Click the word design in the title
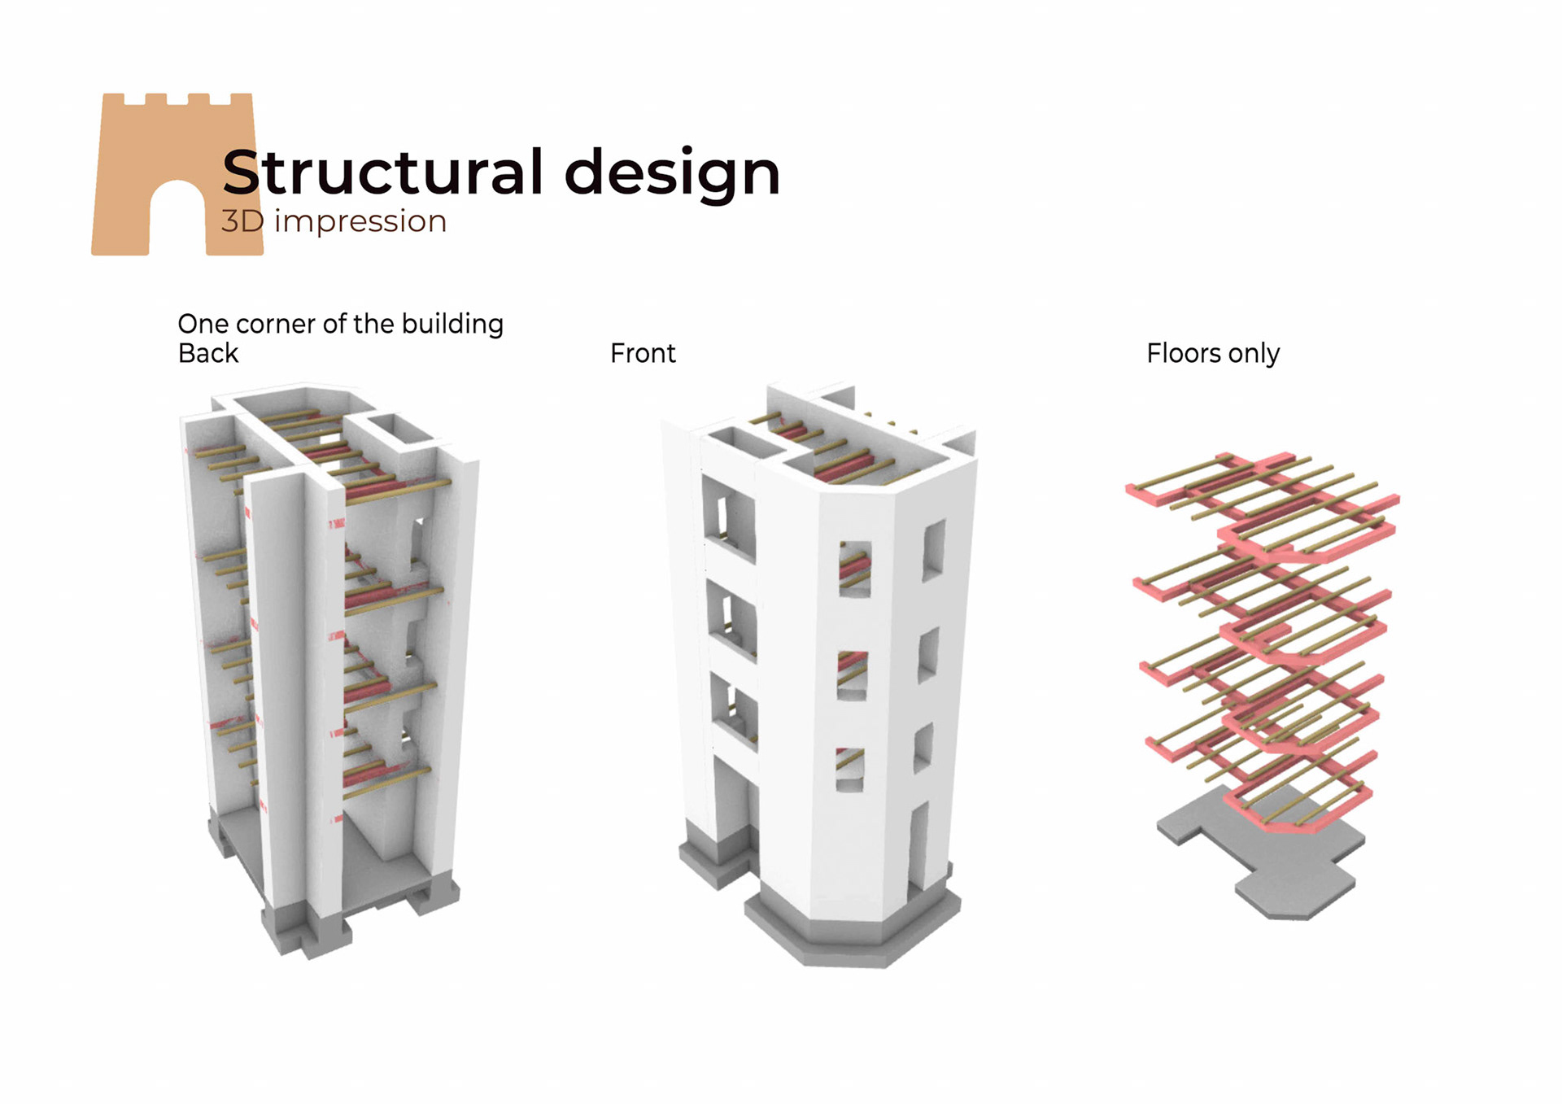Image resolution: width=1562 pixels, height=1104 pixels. [672, 174]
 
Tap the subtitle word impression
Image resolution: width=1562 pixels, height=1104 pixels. [360, 221]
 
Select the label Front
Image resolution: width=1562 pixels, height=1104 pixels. [643, 353]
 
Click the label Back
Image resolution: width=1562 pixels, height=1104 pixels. [208, 353]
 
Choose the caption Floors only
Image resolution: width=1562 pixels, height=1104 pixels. [1213, 353]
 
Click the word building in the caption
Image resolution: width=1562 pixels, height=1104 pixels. [452, 324]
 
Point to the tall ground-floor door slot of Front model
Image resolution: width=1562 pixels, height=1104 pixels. [918, 846]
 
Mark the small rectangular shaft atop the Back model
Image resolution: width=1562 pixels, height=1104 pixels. [399, 429]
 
